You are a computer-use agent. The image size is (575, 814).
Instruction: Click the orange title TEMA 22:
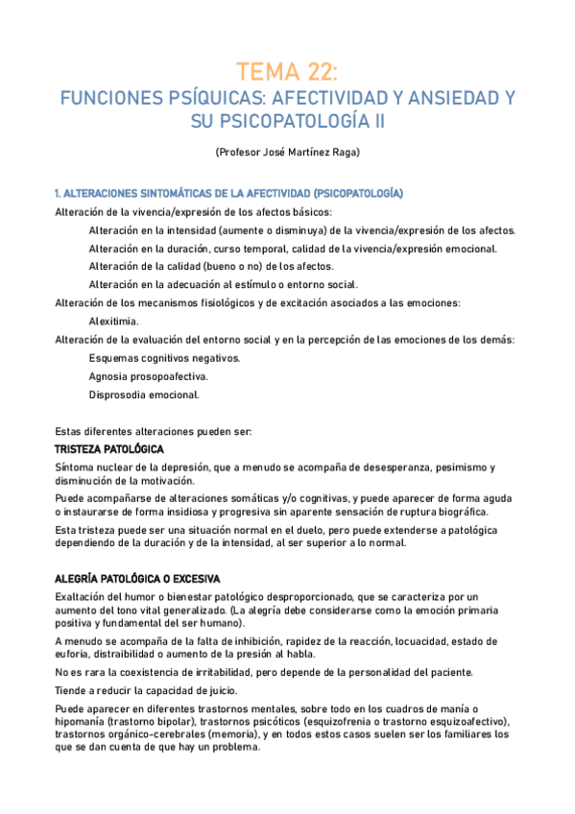[287, 71]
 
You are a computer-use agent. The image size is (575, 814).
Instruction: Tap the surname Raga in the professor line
[343, 152]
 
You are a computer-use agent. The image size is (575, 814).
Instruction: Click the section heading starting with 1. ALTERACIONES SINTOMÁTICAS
[228, 194]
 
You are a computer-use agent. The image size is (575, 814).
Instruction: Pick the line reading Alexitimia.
[113, 322]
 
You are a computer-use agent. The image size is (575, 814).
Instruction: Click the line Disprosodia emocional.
[144, 395]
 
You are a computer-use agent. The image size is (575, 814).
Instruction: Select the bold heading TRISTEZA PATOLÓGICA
[109, 449]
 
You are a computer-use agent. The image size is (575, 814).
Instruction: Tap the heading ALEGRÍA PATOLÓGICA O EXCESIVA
[137, 579]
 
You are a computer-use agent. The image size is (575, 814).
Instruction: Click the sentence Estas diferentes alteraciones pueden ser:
[153, 431]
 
